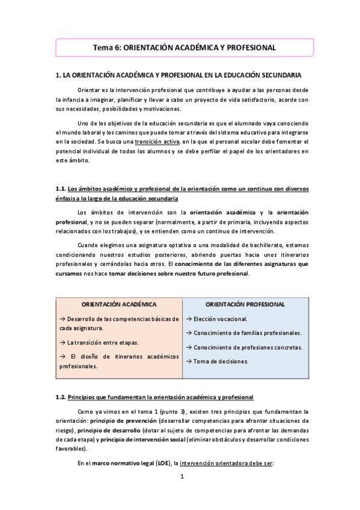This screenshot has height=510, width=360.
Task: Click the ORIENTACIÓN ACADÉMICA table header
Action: click(x=118, y=304)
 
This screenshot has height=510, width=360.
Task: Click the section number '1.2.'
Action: click(x=61, y=398)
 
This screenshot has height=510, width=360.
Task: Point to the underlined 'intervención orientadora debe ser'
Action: click(x=227, y=463)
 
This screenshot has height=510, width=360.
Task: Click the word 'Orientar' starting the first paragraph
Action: click(x=90, y=90)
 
